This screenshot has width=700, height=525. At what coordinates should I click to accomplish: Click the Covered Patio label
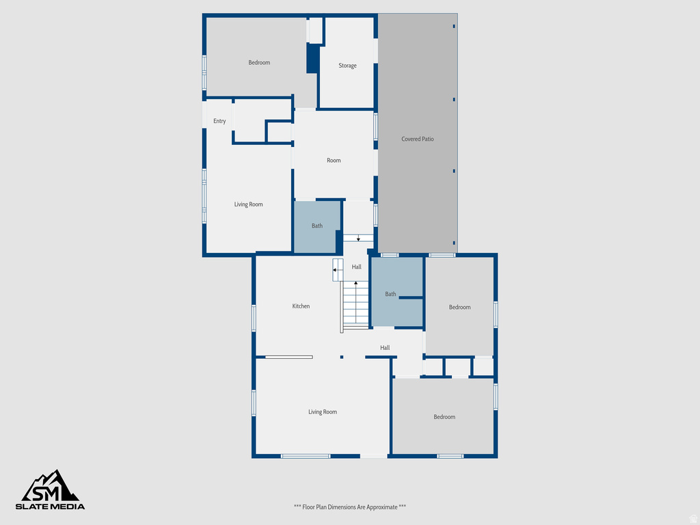pos(417,139)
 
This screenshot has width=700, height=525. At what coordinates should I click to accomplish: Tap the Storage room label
pos(347,66)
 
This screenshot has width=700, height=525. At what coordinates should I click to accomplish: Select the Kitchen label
pos(301,306)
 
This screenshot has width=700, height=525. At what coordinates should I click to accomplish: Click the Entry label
pos(219,121)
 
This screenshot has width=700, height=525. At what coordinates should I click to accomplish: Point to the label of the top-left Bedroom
pos(259,63)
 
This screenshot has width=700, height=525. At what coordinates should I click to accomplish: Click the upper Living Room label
pos(248,204)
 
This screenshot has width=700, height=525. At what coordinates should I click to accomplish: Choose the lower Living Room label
pos(322,412)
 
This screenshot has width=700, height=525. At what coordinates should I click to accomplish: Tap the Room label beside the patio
pos(334,161)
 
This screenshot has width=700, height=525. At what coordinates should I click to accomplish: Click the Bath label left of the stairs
pos(317,226)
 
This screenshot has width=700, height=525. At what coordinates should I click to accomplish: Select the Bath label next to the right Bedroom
pos(390,294)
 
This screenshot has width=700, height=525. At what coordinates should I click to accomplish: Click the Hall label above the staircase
pos(357,267)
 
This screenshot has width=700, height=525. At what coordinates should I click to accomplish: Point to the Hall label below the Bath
pos(385,348)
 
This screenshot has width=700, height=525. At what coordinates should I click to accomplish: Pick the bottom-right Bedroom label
pos(444,417)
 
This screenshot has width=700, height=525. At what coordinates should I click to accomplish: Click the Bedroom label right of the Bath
pos(459,307)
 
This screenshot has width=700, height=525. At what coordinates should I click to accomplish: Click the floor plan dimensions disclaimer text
pos(350,507)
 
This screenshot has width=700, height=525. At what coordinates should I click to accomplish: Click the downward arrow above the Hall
pos(358,237)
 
